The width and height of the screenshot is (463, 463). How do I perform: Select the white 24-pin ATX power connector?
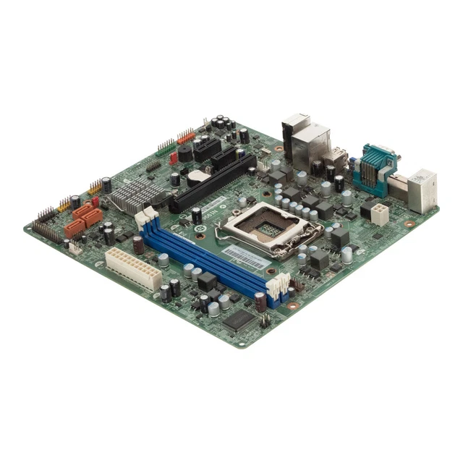(x=133, y=268)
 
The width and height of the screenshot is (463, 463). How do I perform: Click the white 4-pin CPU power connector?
(x=379, y=213)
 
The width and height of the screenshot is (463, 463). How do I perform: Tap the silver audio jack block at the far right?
(x=422, y=190)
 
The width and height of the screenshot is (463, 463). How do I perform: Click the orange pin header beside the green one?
(x=186, y=136)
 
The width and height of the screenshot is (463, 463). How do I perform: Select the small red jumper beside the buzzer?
(x=174, y=158)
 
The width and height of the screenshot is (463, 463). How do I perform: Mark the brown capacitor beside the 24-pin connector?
(x=138, y=245)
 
